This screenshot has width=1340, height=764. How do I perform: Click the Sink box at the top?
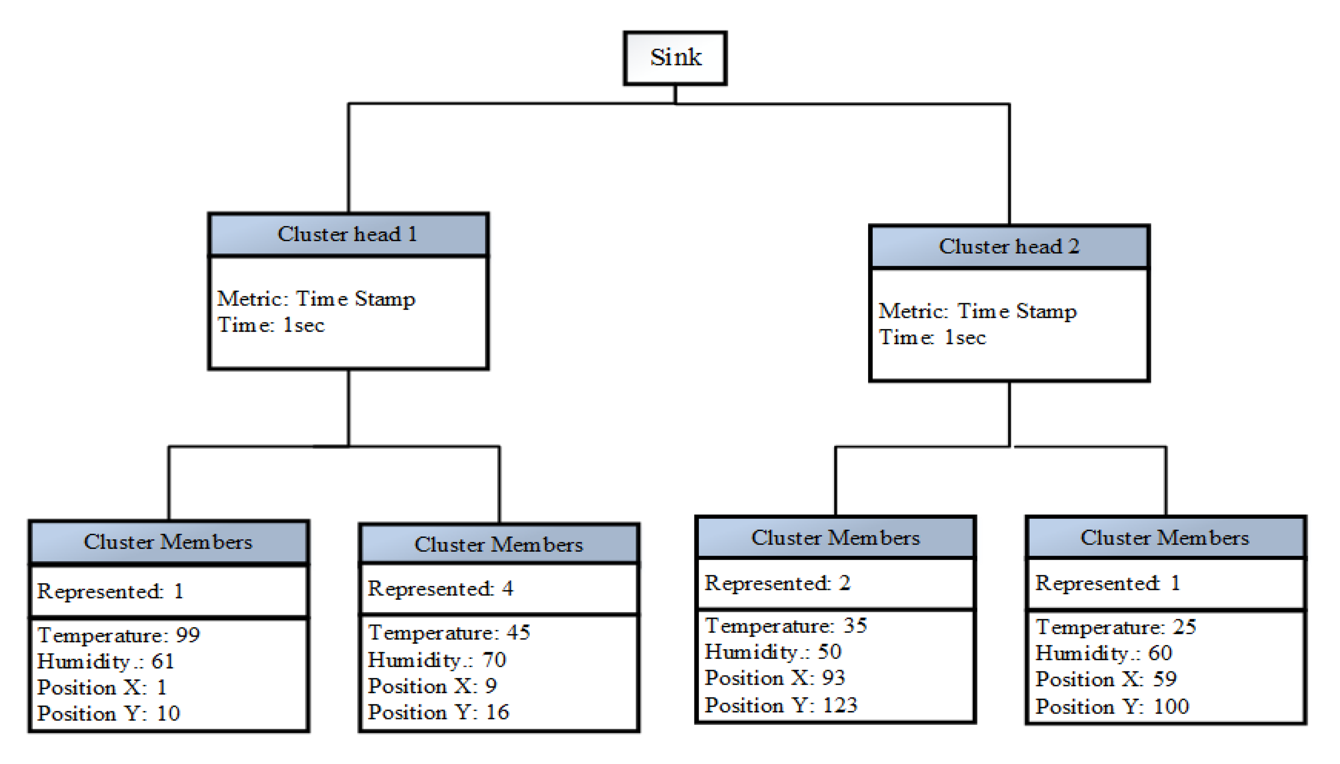675,58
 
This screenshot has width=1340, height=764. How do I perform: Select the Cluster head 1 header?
348,234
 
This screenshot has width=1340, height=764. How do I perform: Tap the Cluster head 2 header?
1008,247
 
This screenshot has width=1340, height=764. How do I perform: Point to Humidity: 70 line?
437,659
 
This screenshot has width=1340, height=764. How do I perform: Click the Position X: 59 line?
1105,679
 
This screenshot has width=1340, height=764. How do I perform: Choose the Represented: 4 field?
440,589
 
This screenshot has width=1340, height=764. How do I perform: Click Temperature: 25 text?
1116,627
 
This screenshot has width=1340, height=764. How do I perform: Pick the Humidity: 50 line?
772,652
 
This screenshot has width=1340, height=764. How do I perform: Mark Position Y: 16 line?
438,712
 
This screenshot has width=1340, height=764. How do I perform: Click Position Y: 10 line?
109,714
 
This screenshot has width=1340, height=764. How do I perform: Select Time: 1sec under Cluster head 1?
271,325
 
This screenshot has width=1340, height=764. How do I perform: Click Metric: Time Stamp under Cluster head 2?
977,311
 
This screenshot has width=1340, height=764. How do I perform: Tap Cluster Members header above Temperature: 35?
835,538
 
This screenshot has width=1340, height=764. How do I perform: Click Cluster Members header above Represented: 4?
499,545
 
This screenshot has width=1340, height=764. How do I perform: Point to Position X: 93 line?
775,678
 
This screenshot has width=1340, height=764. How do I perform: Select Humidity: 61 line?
106,661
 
